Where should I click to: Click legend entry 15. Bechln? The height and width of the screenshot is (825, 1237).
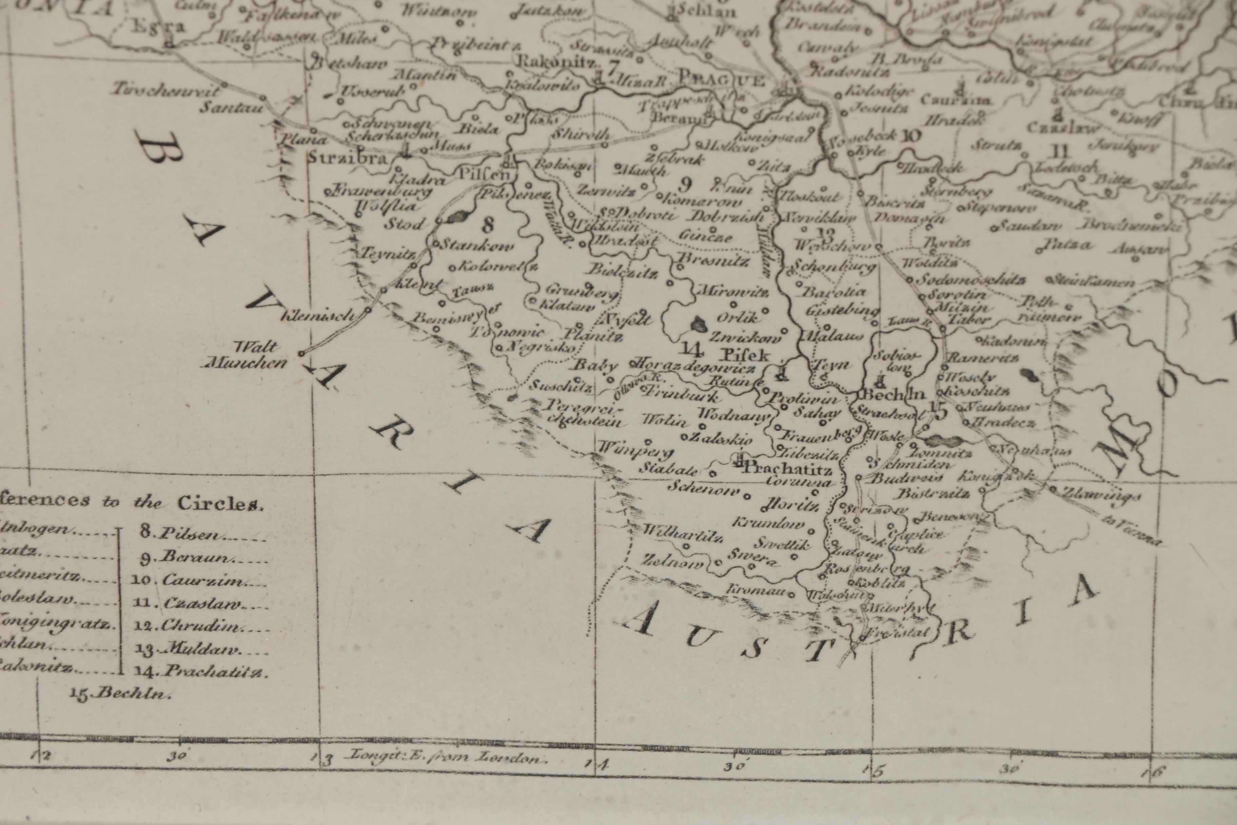(x=121, y=693)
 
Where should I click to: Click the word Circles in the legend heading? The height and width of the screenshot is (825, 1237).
(x=219, y=503)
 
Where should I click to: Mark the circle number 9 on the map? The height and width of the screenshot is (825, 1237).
(x=684, y=184)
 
